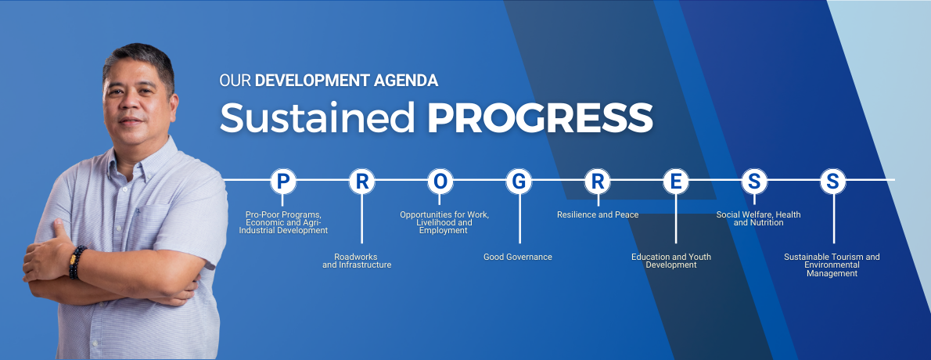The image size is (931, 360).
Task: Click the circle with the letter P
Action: click(283, 182)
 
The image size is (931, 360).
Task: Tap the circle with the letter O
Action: click(440, 182)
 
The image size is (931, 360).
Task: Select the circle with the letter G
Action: click(519, 182)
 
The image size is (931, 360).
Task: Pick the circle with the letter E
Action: click(676, 182)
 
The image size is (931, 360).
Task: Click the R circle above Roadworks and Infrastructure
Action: click(361, 182)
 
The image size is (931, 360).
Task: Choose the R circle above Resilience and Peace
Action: click(598, 182)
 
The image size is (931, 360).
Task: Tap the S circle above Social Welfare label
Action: click(754, 182)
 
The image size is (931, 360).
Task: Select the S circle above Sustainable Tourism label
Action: click(832, 182)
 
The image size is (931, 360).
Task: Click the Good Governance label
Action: click(518, 257)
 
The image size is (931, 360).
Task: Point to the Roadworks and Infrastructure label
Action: click(357, 261)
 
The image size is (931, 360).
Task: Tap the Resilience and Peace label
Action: click(598, 214)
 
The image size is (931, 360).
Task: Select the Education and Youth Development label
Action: click(671, 261)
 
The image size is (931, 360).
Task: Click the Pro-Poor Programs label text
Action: click(283, 222)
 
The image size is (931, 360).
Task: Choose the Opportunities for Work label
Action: click(444, 222)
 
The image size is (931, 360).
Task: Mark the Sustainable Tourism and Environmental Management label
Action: click(832, 265)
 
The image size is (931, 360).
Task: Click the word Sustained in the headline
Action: click(317, 117)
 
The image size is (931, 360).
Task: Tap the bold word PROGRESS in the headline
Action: click(540, 117)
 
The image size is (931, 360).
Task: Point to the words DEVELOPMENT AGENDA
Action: click(347, 81)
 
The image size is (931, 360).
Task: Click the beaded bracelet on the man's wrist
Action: click(77, 263)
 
